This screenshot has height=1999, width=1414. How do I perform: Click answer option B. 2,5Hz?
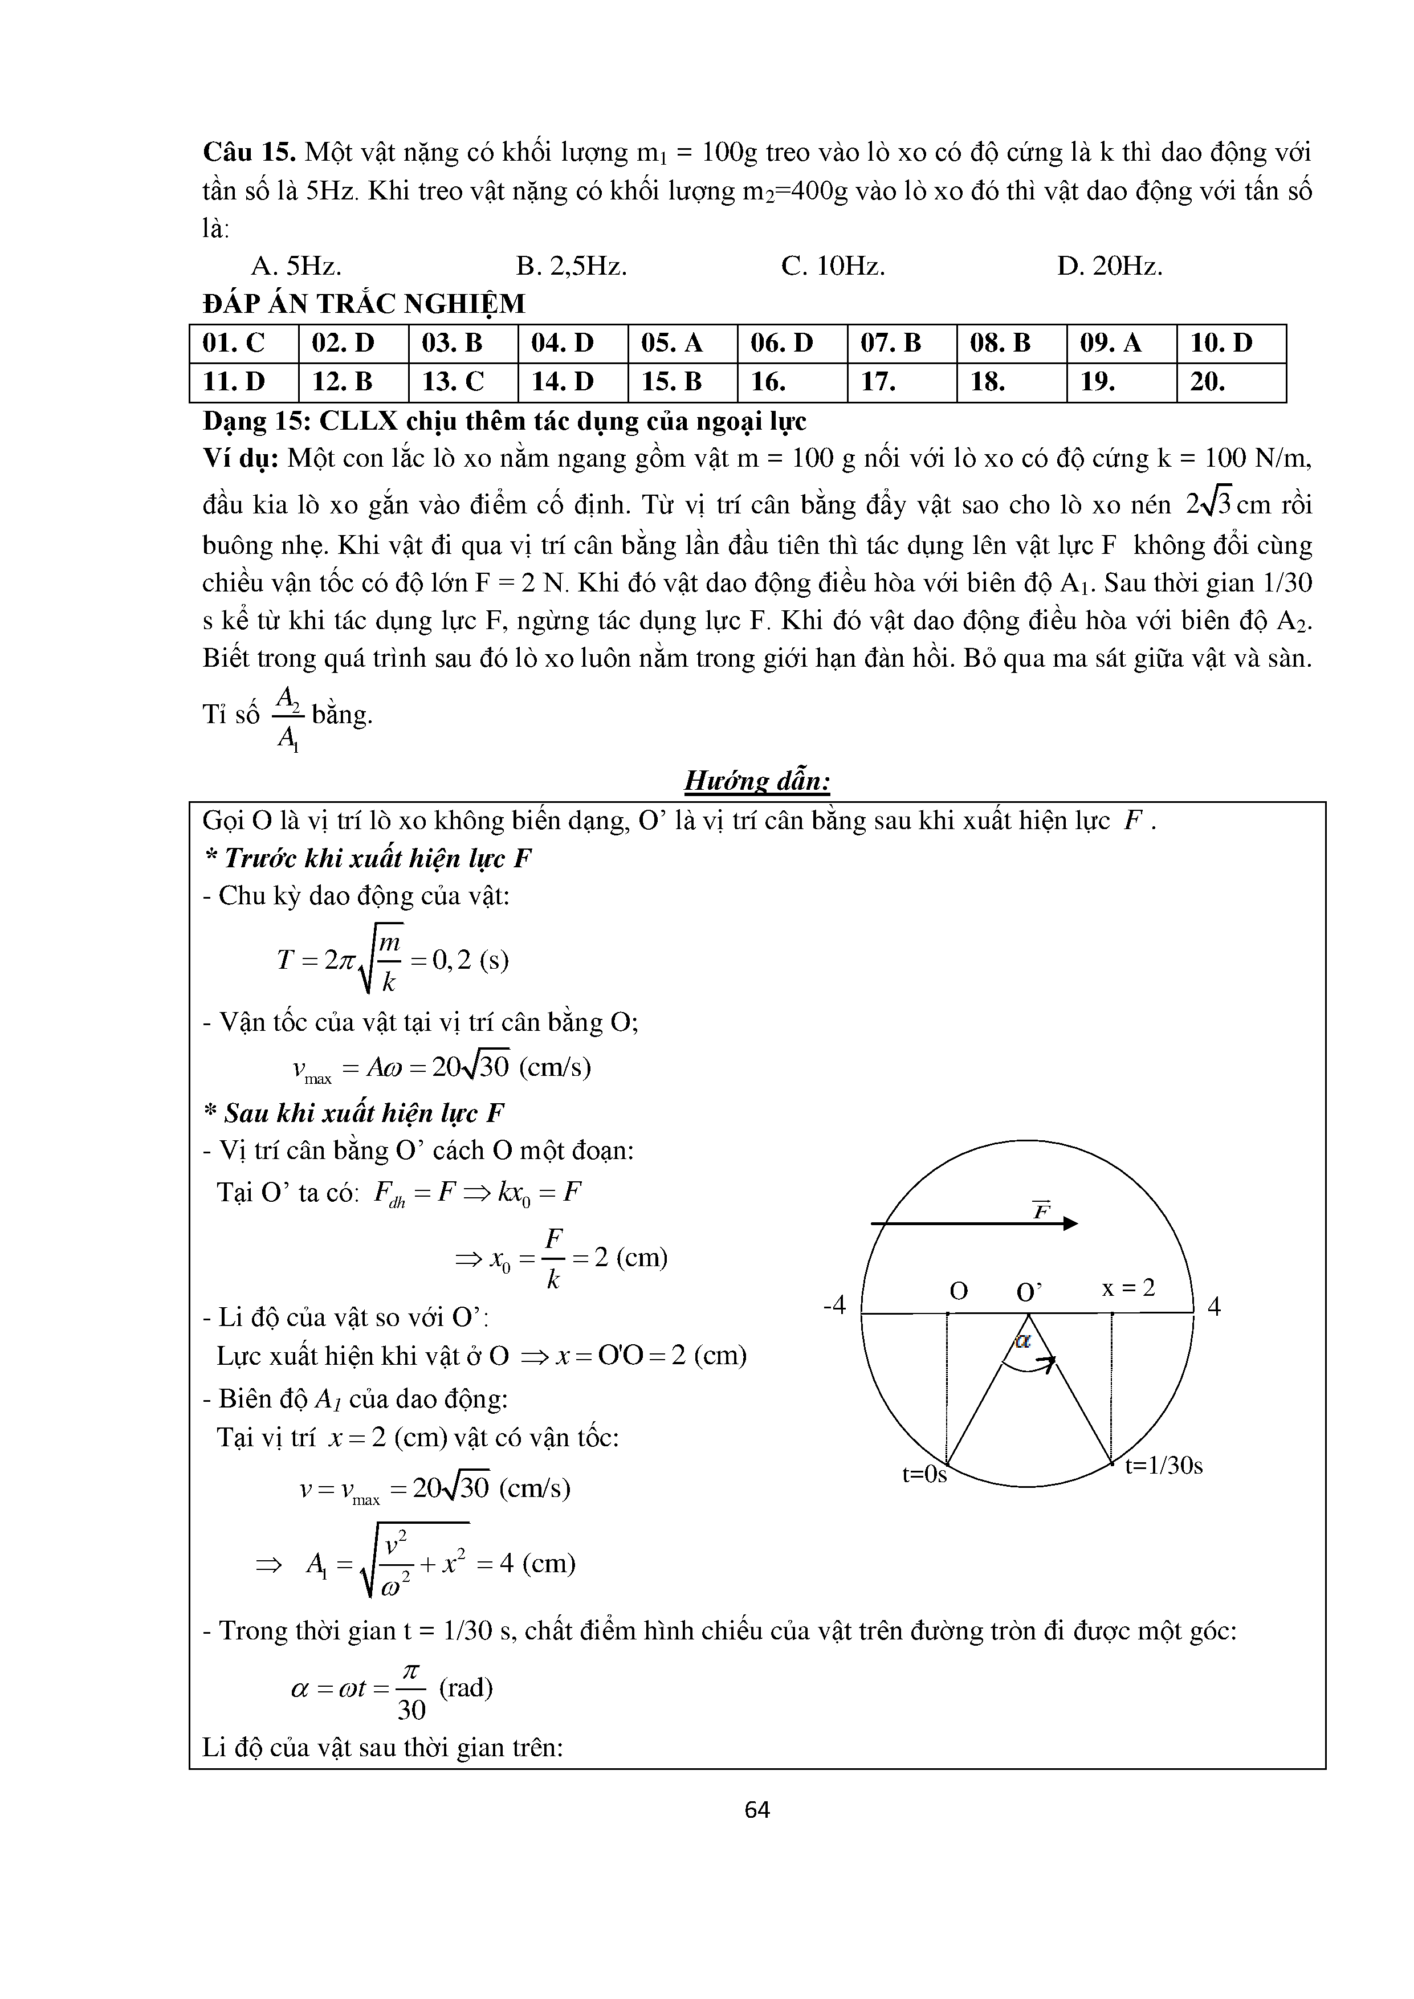tap(571, 266)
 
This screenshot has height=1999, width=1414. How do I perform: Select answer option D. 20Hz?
tap(1109, 266)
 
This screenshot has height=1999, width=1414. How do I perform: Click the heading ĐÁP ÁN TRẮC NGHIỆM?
tap(364, 304)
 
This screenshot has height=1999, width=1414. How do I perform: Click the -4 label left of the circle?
tap(834, 1305)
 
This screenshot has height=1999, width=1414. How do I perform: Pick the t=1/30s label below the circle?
tap(1163, 1466)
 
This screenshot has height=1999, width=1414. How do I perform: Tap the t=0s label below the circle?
tap(924, 1474)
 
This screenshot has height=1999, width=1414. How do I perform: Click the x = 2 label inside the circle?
tap(1128, 1288)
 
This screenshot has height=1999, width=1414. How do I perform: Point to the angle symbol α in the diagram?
tap(1023, 1341)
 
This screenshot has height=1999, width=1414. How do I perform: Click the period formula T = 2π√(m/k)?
tap(392, 960)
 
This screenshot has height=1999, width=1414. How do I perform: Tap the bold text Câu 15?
tap(250, 152)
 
